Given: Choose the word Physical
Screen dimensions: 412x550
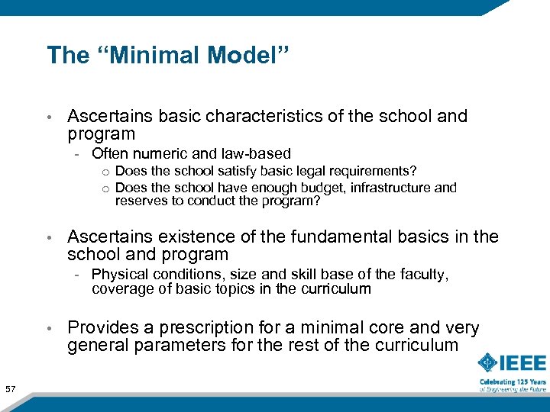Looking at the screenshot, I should point(118,275).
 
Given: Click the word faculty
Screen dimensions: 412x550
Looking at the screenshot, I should point(428,275).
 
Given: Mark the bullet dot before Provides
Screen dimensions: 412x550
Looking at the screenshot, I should point(49,329).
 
